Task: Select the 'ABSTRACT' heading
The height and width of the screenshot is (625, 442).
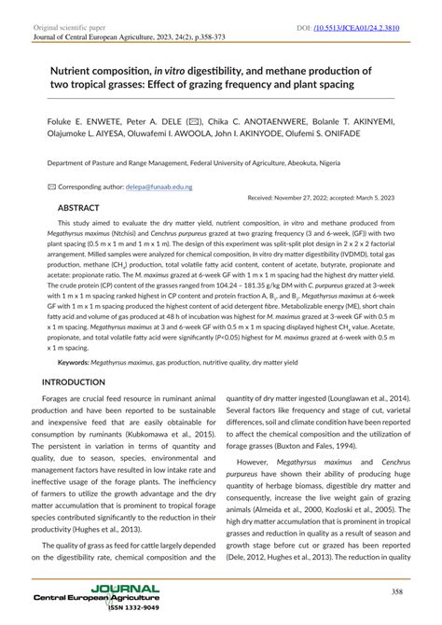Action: coord(85,207)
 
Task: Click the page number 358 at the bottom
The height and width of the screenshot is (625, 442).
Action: coord(396,591)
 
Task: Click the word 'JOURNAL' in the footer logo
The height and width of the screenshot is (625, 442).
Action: coord(125,588)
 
